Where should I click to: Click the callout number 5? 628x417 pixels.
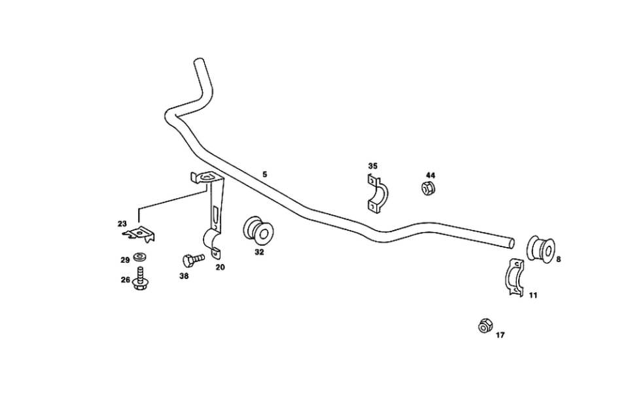click(264, 175)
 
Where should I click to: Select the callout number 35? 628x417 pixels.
click(372, 166)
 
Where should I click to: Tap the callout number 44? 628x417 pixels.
click(430, 175)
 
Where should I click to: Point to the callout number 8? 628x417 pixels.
click(558, 259)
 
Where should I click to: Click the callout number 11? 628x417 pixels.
click(533, 295)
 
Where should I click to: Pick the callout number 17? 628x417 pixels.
click(500, 335)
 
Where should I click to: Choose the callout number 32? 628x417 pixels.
click(259, 252)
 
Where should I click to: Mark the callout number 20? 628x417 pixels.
click(220, 267)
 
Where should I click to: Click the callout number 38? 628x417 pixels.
click(184, 276)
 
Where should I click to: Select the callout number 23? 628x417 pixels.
click(122, 224)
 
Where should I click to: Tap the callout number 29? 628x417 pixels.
click(124, 259)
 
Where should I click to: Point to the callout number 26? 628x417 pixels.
click(124, 280)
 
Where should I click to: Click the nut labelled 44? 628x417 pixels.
click(428, 190)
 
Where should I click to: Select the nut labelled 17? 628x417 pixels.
click(485, 325)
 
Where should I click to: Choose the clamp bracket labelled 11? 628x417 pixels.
click(514, 278)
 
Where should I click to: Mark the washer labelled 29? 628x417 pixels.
click(139, 256)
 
